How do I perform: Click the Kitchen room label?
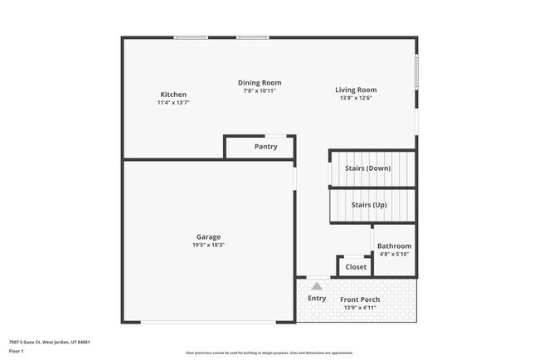173,95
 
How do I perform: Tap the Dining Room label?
260,82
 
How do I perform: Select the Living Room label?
356,90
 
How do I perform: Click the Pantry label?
265,147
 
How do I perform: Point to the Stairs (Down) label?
367,168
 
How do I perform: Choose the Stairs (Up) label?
369,204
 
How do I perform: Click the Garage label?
208,236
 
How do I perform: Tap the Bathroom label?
394,246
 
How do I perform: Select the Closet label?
356,267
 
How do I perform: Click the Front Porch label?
360,299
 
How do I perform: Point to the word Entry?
317,299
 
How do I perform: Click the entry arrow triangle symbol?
316,285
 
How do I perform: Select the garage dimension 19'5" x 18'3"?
208,245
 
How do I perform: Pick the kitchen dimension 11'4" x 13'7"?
173,103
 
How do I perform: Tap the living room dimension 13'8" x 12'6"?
356,98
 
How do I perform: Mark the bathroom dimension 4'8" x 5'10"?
394,255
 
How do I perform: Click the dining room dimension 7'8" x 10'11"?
260,90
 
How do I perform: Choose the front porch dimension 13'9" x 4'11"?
360,308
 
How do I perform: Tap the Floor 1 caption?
17,351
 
